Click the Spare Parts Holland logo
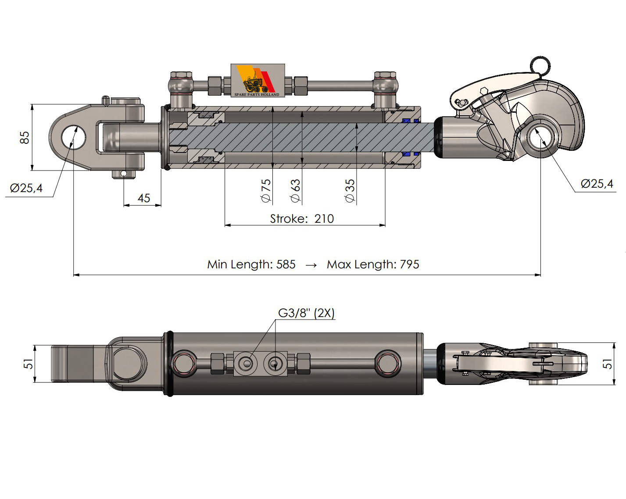pyautogui.click(x=258, y=81)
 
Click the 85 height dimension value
pyautogui.click(x=25, y=137)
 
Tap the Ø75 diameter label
pyautogui.click(x=266, y=190)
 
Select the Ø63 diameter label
pyautogui.click(x=296, y=190)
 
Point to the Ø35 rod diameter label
pyautogui.click(x=350, y=190)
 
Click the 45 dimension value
pyautogui.click(x=144, y=198)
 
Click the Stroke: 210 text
pyautogui.click(x=302, y=218)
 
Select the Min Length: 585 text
pyautogui.click(x=251, y=264)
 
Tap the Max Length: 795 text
pyautogui.click(x=373, y=264)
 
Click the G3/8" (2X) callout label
pyautogui.click(x=306, y=313)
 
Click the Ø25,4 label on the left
pyautogui.click(x=26, y=188)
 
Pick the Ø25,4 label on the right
pyautogui.click(x=597, y=184)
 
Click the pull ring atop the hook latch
pyautogui.click(x=539, y=65)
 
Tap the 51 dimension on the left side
pyautogui.click(x=28, y=364)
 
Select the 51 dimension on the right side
pyautogui.click(x=608, y=364)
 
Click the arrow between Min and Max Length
pyautogui.click(x=311, y=265)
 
